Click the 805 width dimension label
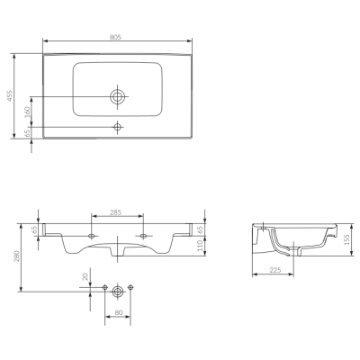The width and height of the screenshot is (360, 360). pos(115,37)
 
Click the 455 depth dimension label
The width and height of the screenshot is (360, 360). pos(10,96)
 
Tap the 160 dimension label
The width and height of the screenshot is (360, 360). pos(27,112)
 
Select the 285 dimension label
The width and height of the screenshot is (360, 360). pos(115,212)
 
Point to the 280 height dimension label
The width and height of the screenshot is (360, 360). pos(17,256)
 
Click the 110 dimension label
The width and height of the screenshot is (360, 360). pos(200,247)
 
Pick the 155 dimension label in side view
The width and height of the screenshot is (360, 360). pos(346,240)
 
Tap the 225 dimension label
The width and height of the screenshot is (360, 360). pos(275,270)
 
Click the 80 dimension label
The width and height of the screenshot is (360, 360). pos(119,312)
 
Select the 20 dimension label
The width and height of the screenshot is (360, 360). pos(86,276)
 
